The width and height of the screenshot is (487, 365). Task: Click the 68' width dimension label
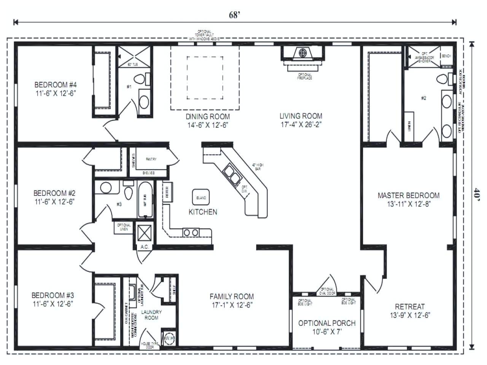[x=235, y=15]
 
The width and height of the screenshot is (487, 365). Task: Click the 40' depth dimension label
[x=477, y=194]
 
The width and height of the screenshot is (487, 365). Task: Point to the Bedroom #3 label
[x=53, y=295]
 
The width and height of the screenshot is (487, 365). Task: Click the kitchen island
[x=201, y=198]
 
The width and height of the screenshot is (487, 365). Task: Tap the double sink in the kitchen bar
[x=232, y=173]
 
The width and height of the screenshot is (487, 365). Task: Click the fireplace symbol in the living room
[x=303, y=53]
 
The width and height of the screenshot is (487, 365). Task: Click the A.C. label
[x=144, y=247]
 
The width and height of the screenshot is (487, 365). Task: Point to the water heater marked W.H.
[x=169, y=338]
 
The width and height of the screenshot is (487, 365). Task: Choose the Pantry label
[x=151, y=159]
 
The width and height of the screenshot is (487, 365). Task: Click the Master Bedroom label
[x=408, y=195]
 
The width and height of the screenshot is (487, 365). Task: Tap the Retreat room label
[x=410, y=306]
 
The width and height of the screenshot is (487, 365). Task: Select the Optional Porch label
[x=326, y=323]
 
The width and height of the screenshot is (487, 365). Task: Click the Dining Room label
[x=207, y=116]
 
